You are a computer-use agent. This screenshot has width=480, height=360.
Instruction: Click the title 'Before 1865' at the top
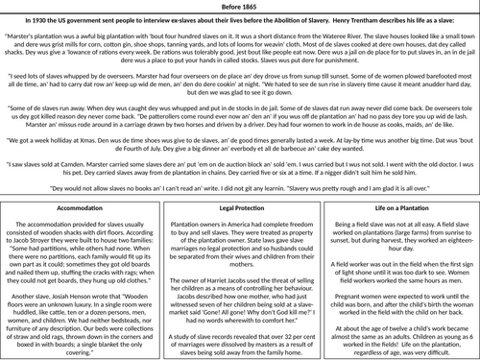point(239,6)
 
